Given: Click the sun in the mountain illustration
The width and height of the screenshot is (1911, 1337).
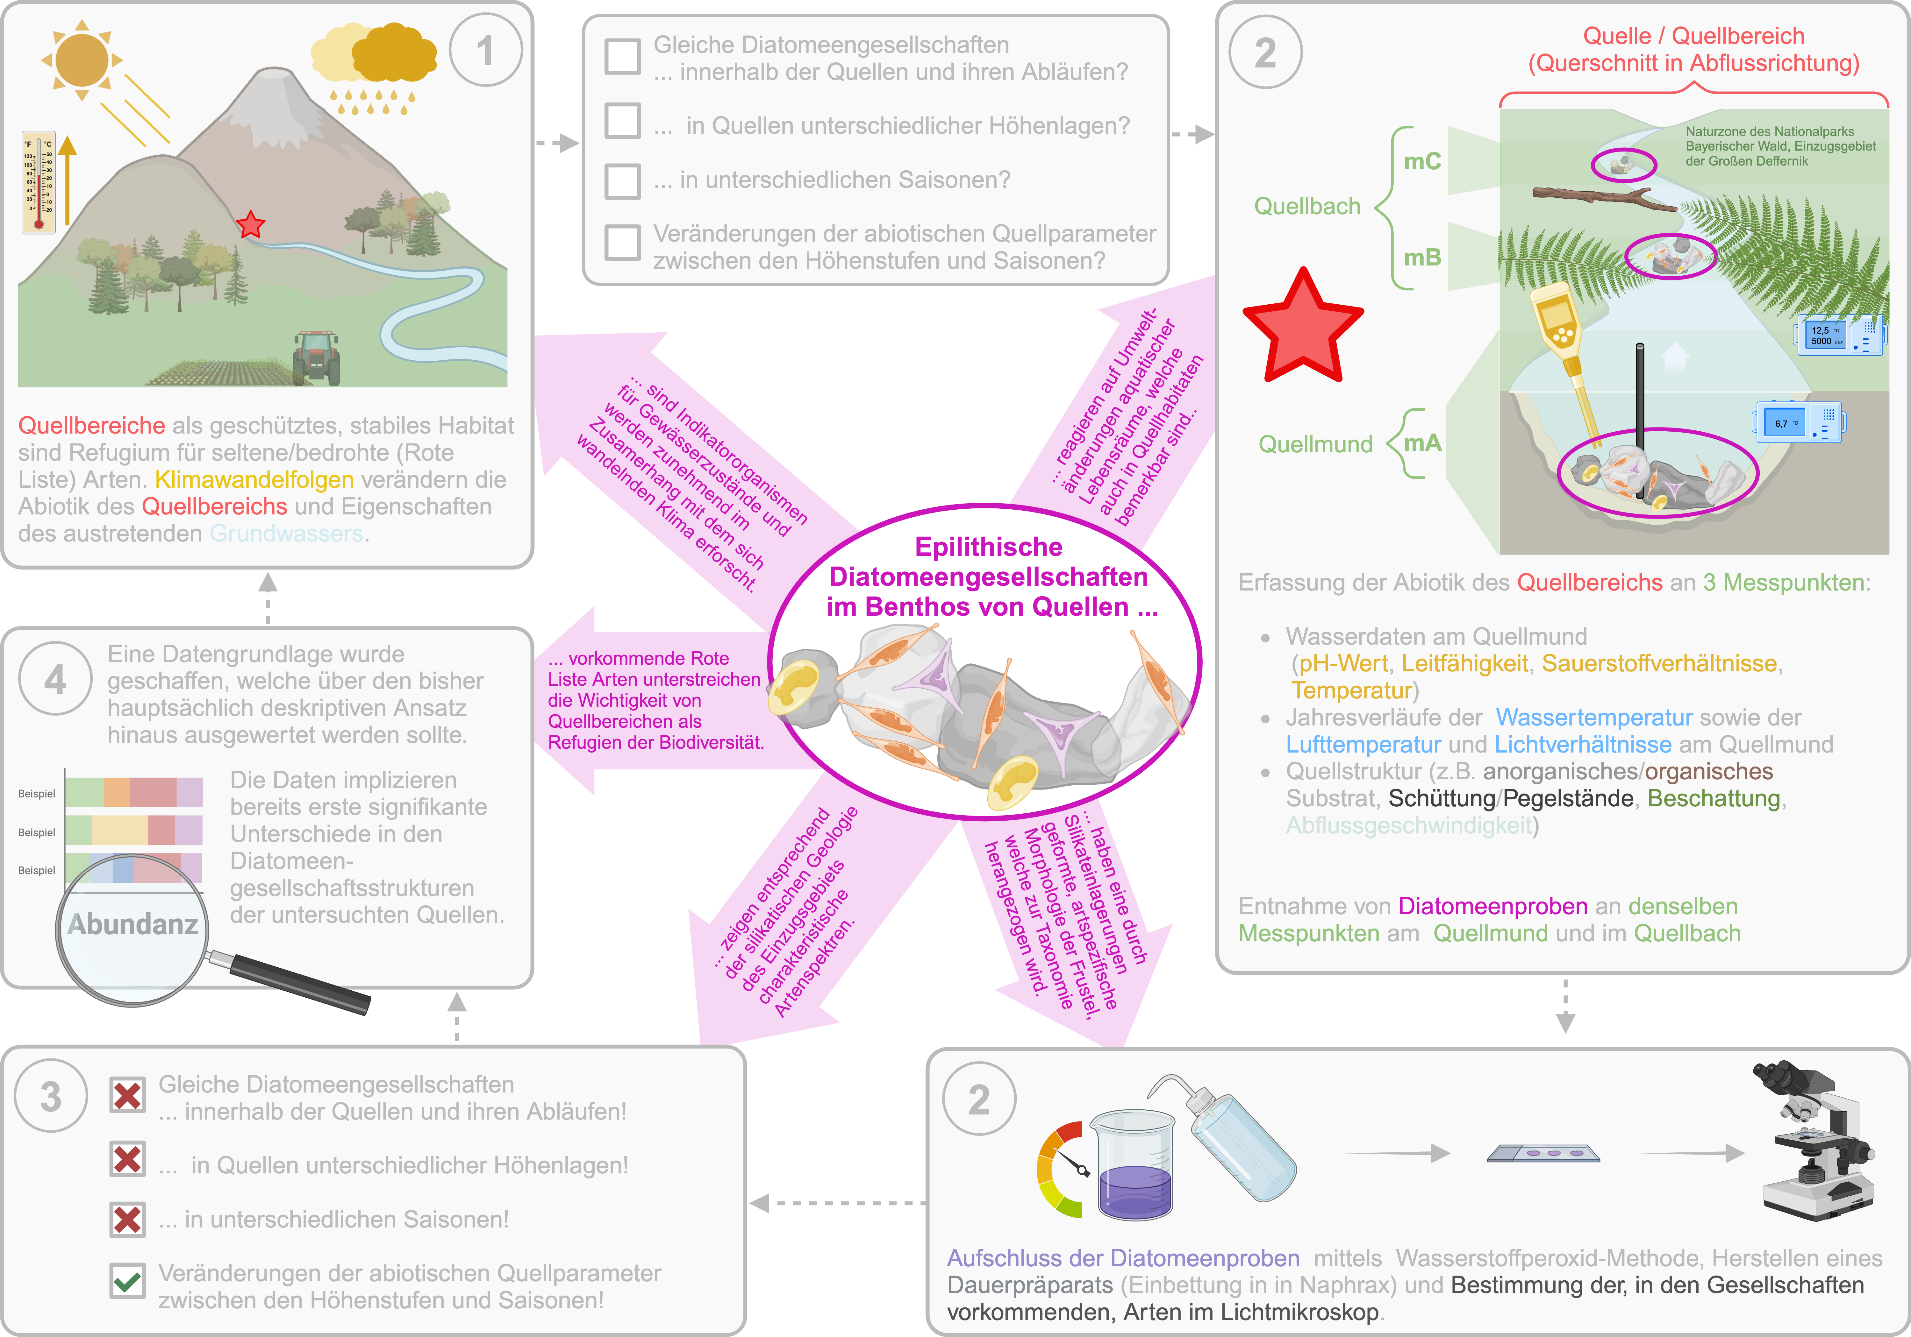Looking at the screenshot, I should (x=82, y=60).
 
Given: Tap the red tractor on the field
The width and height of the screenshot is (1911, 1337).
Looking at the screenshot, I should (x=316, y=356).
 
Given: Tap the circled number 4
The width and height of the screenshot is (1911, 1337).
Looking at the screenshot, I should (x=55, y=680).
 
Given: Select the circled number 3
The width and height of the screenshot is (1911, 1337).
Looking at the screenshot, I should (x=51, y=1096).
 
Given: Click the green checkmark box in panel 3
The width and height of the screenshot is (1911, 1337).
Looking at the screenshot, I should (x=127, y=1280).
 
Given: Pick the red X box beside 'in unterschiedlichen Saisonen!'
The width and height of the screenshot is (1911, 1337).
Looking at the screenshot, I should (x=127, y=1220).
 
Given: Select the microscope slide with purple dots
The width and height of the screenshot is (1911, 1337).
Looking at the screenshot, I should (x=1542, y=1153).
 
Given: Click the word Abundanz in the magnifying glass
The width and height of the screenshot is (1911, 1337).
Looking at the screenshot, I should (x=133, y=924).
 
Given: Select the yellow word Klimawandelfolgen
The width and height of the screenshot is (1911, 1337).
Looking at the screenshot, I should (x=254, y=479).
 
